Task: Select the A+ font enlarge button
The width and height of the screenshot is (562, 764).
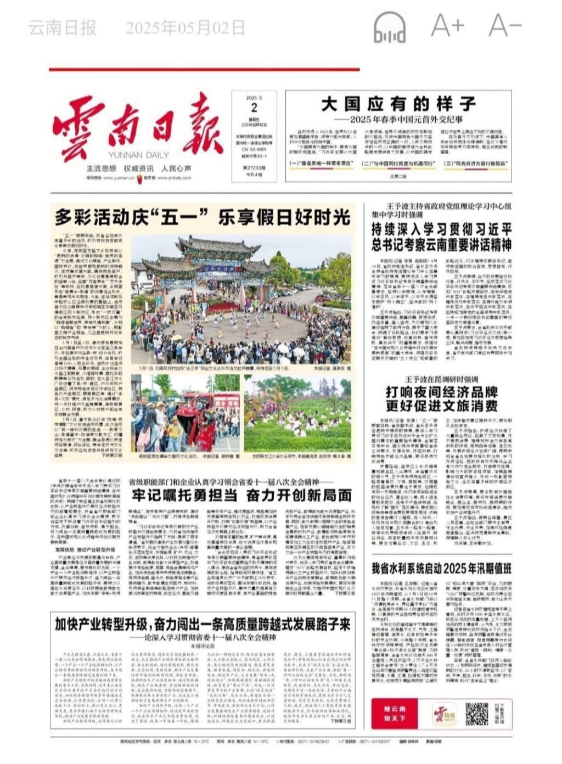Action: tap(447, 26)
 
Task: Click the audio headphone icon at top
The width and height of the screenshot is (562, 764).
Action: tap(390, 27)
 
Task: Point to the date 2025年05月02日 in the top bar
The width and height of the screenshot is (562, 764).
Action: tap(185, 27)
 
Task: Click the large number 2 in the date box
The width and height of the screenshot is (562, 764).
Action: tap(254, 108)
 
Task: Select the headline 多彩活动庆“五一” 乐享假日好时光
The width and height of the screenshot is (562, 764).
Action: tap(202, 217)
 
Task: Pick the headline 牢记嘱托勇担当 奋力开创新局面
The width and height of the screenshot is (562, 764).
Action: tap(241, 495)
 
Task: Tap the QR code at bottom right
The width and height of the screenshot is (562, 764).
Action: tap(476, 713)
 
